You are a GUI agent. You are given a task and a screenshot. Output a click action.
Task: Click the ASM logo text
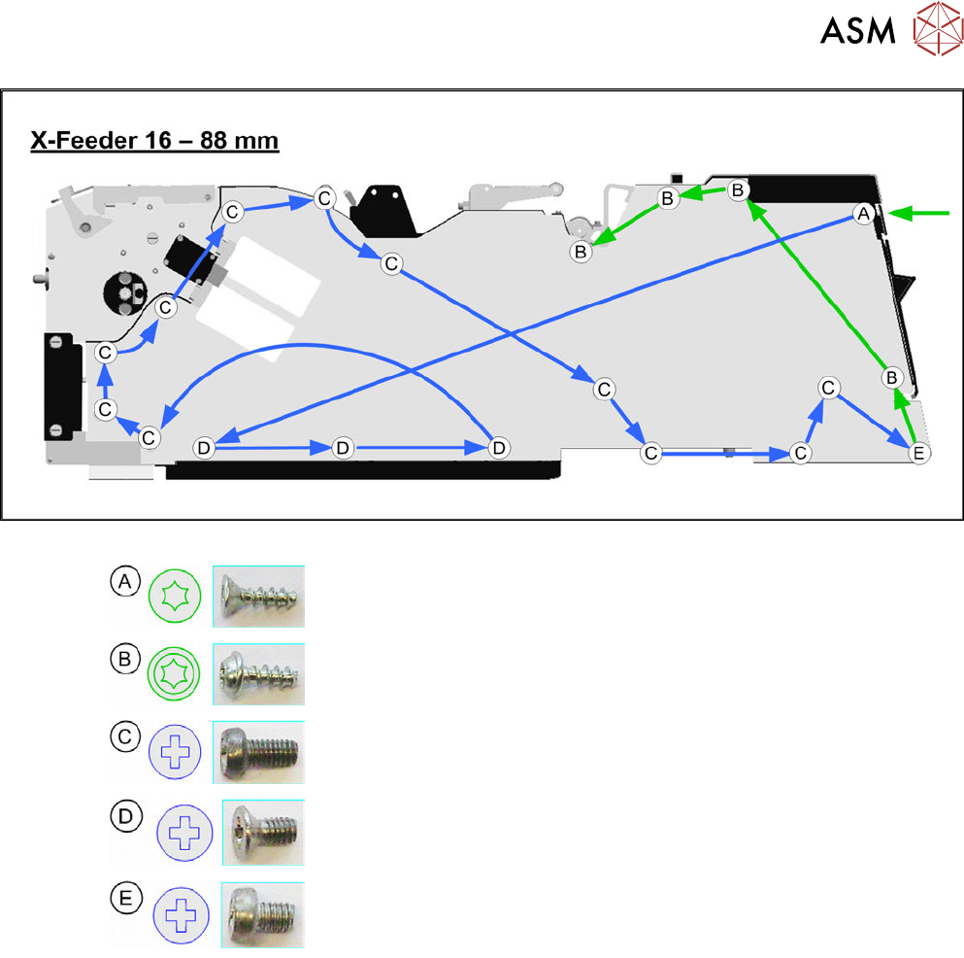pos(857,32)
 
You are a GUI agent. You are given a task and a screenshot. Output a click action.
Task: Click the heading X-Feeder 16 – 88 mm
pos(154,141)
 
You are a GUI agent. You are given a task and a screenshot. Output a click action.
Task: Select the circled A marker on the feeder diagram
pos(861,214)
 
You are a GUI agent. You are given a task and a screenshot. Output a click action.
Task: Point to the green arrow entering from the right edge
pos(916,214)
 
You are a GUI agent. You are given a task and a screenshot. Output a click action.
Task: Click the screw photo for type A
pos(257,596)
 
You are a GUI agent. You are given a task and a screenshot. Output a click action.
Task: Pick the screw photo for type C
pos(259,752)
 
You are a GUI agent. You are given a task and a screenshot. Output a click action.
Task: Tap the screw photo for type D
pos(263,833)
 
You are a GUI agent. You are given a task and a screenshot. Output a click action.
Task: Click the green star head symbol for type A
pos(175,596)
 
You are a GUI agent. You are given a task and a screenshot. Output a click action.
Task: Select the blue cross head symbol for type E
pos(181,915)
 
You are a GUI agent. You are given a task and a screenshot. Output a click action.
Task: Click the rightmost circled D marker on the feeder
pos(498,448)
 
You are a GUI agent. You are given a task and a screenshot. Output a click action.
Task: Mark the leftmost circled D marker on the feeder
pos(203,448)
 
